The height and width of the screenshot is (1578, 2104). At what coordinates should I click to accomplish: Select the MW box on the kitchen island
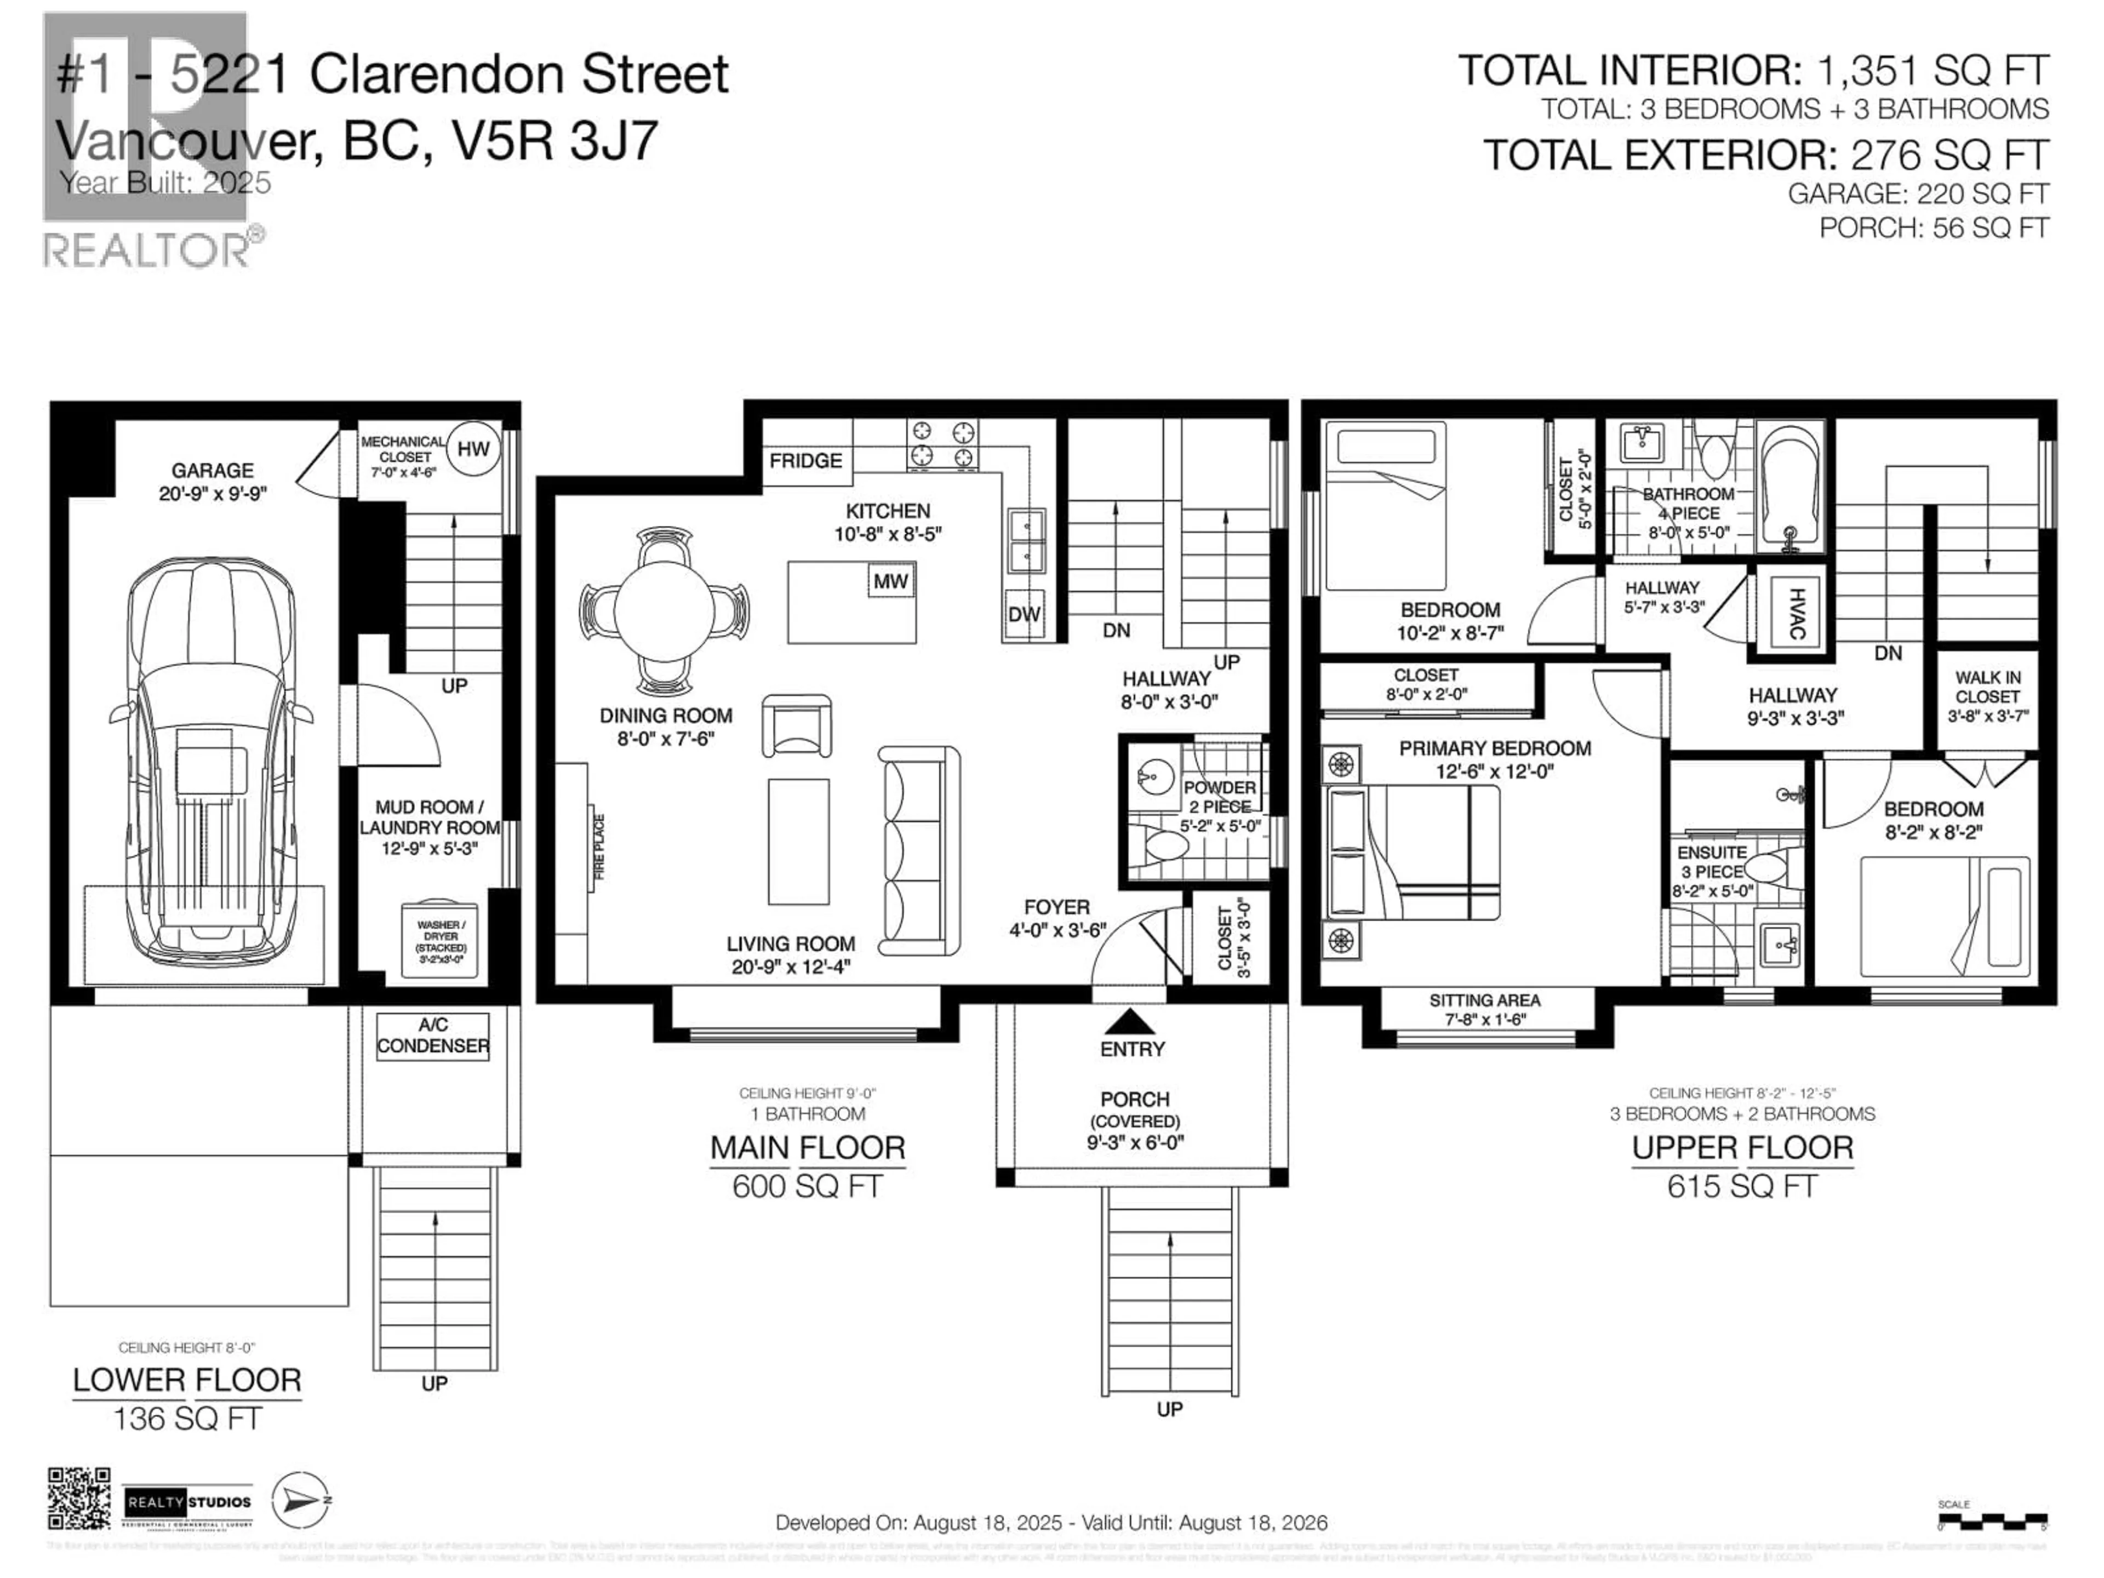890,581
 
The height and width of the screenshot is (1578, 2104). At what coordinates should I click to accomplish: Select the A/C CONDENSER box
433,1036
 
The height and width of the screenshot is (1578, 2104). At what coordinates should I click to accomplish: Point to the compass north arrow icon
301,1500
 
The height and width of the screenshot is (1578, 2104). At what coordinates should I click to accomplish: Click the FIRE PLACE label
599,847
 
